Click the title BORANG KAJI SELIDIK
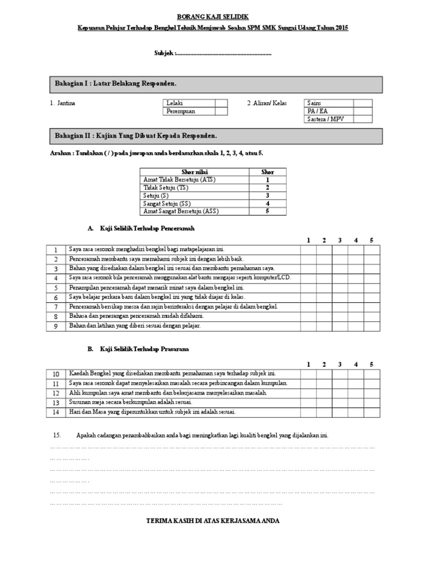click(213, 17)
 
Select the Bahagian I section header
click(216, 84)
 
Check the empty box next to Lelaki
click(221, 103)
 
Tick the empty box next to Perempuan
click(221, 111)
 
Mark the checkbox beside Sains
click(362, 103)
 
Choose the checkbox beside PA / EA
click(362, 111)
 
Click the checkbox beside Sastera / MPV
click(362, 119)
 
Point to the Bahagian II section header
click(216, 136)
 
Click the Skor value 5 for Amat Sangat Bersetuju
click(267, 211)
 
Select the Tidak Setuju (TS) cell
click(194, 188)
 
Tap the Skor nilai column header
click(194, 172)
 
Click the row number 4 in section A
click(56, 278)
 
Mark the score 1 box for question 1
click(308, 249)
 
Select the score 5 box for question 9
click(372, 326)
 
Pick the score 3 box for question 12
click(339, 393)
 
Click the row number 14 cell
click(56, 412)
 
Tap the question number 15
click(55, 435)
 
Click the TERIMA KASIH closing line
click(212, 521)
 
